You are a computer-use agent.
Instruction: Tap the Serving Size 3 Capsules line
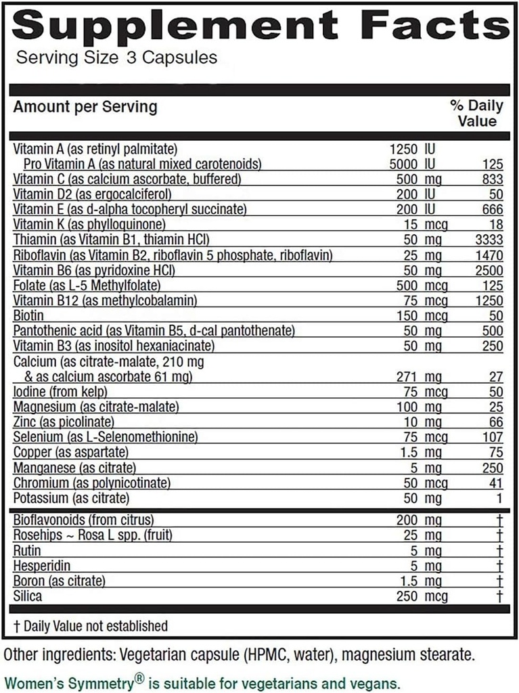click(x=116, y=58)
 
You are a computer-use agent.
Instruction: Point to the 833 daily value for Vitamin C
click(x=493, y=179)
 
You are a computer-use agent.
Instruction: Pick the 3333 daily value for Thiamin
click(x=489, y=239)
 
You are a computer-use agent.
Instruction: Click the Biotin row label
click(x=28, y=315)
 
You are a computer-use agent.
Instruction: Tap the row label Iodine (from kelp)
click(x=60, y=392)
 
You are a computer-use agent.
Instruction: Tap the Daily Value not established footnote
click(x=91, y=626)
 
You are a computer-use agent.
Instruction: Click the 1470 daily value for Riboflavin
click(x=489, y=254)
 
